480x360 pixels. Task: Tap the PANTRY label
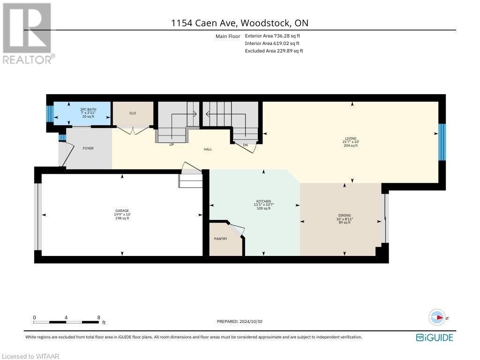(x=220, y=239)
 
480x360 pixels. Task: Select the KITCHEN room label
(x=263, y=202)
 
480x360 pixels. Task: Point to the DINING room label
(x=345, y=216)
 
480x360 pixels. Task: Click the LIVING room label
(x=350, y=139)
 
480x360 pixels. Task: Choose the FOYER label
(x=88, y=149)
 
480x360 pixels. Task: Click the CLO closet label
(x=133, y=113)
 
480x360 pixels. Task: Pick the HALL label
(x=208, y=150)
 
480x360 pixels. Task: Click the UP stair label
(x=172, y=145)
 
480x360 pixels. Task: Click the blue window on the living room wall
(x=442, y=142)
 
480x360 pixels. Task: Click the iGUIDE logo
(x=434, y=337)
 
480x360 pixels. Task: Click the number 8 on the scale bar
(x=98, y=317)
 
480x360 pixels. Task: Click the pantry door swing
(x=238, y=231)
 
